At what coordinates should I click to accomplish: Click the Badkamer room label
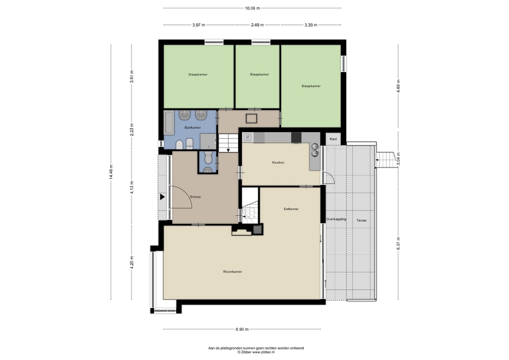pos(192,128)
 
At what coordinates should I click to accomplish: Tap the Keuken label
pos(278,162)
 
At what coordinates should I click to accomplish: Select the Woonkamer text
pos(232,271)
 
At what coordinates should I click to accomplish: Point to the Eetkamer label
pos(291,209)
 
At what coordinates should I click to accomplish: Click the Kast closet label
pos(334,139)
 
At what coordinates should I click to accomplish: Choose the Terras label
pos(361,221)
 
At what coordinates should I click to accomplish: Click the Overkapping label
pos(336,219)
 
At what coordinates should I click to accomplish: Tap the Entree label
pos(196,197)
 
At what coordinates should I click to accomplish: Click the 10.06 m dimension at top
pos(252,8)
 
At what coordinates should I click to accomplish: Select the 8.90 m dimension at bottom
pos(242,329)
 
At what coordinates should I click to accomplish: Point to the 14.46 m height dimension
pos(111,172)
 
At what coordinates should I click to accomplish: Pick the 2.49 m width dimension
pos(257,25)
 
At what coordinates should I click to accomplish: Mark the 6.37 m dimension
pos(398,243)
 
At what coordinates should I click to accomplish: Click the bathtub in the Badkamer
pos(169,122)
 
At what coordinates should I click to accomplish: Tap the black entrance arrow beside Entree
pos(162,197)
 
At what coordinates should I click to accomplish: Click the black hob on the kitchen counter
pos(296,138)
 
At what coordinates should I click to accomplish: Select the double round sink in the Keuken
pos(314,151)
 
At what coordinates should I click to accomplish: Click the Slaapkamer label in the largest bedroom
pos(311,86)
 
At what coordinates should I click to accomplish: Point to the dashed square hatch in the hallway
pos(251,118)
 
